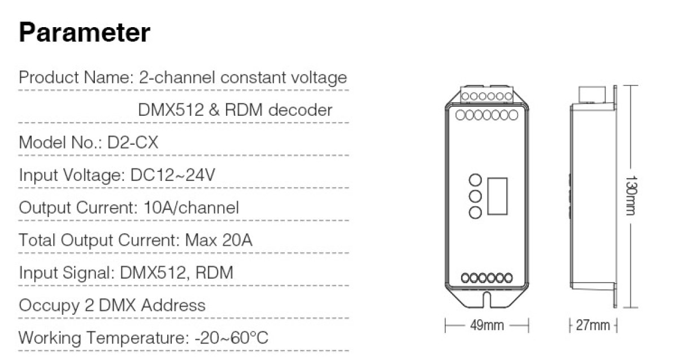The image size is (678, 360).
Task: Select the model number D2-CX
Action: tap(133, 142)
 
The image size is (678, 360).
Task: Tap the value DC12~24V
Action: tap(172, 175)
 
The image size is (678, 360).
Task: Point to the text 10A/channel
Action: tap(191, 207)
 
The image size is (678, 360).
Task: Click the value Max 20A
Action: tap(219, 240)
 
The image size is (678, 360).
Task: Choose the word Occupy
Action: tap(49, 306)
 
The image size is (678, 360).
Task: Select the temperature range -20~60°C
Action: tap(232, 337)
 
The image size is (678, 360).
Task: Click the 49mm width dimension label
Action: tap(487, 326)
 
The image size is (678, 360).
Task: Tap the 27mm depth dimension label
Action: tap(593, 326)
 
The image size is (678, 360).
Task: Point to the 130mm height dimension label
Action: tap(632, 196)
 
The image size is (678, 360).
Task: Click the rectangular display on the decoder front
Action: tap(497, 196)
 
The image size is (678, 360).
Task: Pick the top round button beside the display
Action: tap(475, 180)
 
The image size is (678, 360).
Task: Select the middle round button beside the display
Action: tap(475, 197)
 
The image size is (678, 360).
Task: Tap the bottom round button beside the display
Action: tap(475, 212)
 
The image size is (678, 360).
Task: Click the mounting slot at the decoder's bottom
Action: tap(486, 300)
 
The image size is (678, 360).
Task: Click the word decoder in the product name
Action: tap(300, 110)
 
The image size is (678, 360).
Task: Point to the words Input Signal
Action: tap(67, 273)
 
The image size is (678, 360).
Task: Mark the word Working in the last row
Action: tap(50, 338)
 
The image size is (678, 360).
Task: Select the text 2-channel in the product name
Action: tap(177, 77)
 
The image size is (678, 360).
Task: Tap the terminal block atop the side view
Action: tap(592, 94)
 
